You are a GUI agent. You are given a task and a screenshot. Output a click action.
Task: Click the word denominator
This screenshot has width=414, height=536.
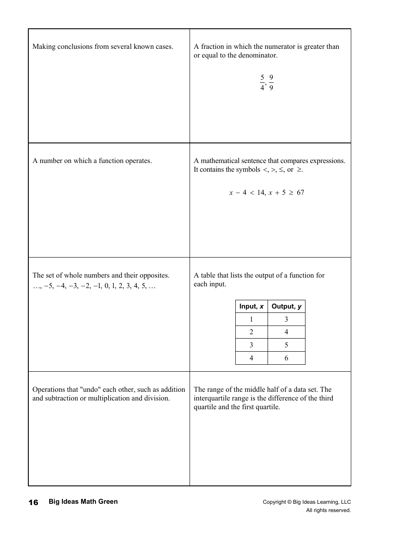click(x=258, y=55)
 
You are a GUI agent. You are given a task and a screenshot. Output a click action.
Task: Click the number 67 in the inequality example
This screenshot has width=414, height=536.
click(x=300, y=193)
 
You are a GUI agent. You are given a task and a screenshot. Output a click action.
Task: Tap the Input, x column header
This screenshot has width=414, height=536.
click(x=251, y=306)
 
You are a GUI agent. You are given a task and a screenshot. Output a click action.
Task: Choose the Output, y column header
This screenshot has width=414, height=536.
click(x=286, y=306)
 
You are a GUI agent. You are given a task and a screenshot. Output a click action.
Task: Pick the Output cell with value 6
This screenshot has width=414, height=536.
click(x=286, y=358)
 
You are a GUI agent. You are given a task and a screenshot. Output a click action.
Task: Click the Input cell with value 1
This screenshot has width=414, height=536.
click(x=251, y=319)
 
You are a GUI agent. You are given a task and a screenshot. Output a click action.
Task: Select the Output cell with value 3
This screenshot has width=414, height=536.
click(x=286, y=319)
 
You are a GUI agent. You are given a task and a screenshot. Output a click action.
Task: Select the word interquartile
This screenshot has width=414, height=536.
click(x=213, y=398)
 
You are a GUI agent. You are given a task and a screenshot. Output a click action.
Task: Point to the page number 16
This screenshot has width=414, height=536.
click(x=34, y=502)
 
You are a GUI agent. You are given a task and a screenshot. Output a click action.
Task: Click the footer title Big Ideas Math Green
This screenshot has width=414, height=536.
click(x=83, y=502)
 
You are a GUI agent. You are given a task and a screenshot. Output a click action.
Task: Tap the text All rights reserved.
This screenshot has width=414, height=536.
click(x=328, y=510)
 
